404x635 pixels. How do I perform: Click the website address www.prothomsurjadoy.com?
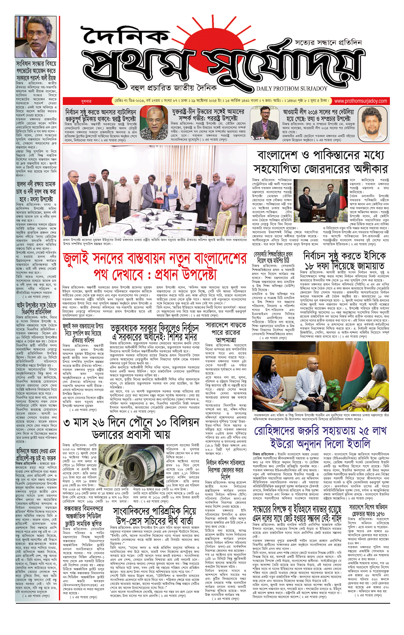coord(360,101)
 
